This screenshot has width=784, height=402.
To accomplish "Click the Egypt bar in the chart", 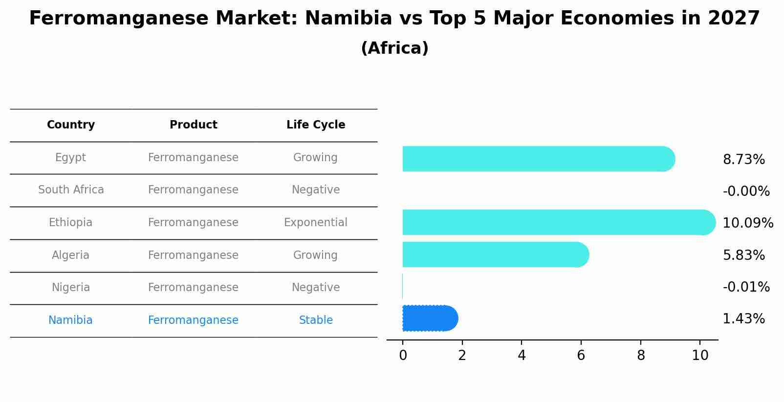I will point(538,159).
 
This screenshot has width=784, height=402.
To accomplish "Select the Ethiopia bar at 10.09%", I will point(557,222).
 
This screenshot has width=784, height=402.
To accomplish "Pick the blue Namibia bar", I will point(429,318).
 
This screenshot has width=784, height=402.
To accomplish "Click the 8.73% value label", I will point(743,160).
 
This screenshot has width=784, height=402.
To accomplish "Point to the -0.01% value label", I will point(746,287).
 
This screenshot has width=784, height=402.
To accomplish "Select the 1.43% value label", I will point(743,319).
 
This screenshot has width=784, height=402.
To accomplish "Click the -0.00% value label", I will point(746,191).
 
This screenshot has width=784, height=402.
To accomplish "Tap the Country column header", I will point(71,125).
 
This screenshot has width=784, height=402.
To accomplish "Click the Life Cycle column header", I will point(316,125).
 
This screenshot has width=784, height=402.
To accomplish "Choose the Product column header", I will point(194,125).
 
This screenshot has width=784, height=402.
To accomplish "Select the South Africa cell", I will point(71,190).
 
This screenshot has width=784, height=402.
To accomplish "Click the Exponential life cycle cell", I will point(316,223).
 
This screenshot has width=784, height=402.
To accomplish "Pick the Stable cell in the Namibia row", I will point(316,320).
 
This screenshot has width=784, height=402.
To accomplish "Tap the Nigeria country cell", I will point(71,288).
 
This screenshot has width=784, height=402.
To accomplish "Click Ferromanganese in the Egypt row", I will point(194,158).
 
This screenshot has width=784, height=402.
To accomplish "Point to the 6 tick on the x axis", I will point(581,356).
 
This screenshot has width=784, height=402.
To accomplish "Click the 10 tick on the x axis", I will point(700,356).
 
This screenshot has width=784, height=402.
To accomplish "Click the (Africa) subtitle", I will point(394,48).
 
